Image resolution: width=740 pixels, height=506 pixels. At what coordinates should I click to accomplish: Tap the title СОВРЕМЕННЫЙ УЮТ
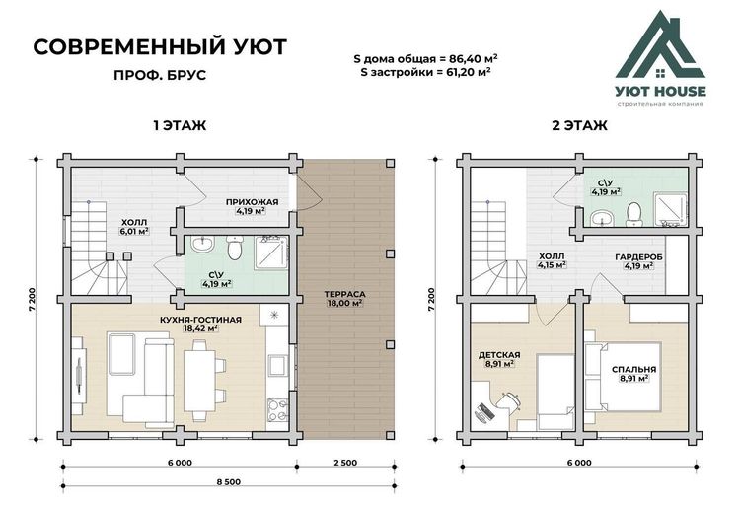[x=160, y=47]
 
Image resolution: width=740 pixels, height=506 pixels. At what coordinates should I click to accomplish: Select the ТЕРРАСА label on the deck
[x=345, y=294]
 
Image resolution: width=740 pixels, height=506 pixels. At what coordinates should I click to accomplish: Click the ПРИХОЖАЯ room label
[x=252, y=202]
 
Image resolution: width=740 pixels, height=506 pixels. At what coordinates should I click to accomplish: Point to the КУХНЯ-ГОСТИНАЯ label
[x=200, y=320]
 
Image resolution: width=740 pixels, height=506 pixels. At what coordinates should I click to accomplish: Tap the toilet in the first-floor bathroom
[x=235, y=248]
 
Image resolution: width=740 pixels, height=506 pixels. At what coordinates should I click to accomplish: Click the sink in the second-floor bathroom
[x=602, y=218]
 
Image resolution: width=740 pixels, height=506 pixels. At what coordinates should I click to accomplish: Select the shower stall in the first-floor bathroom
[x=271, y=253]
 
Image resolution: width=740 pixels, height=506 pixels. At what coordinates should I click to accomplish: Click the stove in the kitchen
[x=277, y=410]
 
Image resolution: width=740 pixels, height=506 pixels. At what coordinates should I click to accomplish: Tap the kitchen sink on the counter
[x=277, y=366]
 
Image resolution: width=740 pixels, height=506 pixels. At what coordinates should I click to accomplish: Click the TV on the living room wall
[x=79, y=375]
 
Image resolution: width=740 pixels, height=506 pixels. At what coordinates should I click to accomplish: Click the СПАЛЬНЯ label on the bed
[x=633, y=370]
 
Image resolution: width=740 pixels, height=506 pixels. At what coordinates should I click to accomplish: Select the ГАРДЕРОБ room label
[x=638, y=257]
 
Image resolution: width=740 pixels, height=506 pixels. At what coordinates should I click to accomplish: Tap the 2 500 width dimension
[x=345, y=463]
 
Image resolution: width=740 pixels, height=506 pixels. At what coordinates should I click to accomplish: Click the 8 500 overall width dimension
[x=229, y=482]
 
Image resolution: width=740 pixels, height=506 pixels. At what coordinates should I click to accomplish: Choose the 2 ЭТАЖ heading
[x=579, y=126]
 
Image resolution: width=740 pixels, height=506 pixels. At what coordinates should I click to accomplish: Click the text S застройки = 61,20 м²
[x=425, y=72]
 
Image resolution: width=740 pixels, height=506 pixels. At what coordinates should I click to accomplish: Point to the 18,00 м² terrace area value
[x=345, y=303]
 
